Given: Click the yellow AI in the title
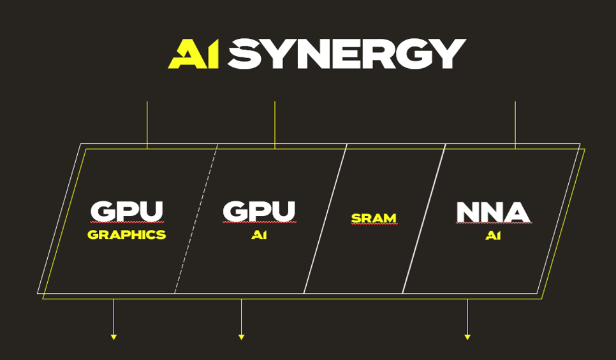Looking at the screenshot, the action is click(x=193, y=54).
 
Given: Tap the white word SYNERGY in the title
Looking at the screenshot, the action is click(x=347, y=54).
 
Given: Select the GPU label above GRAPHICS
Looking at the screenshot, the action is click(x=126, y=212).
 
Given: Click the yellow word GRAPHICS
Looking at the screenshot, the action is click(x=126, y=234).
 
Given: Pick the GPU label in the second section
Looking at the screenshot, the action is click(x=260, y=212).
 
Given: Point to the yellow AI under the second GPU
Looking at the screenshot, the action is click(x=260, y=234).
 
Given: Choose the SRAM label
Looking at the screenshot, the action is click(x=374, y=219).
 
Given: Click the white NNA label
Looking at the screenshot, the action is click(x=493, y=212).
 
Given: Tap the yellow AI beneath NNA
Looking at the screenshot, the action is click(x=493, y=235).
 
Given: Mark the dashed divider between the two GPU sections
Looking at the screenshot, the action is click(x=196, y=219).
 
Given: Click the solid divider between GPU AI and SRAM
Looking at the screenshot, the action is click(x=325, y=219).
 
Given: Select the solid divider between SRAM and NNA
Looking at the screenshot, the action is click(x=424, y=219).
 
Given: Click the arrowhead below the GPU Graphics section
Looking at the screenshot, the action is click(x=114, y=337).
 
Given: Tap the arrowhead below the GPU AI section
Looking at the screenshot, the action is click(x=241, y=337).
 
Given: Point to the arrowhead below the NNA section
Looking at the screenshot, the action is click(x=467, y=337).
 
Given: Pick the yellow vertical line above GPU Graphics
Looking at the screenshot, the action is click(x=147, y=126).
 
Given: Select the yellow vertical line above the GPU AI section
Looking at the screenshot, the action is click(x=275, y=126).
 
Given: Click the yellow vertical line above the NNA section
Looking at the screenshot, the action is click(x=515, y=126).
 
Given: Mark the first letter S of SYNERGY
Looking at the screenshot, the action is click(x=245, y=54).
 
